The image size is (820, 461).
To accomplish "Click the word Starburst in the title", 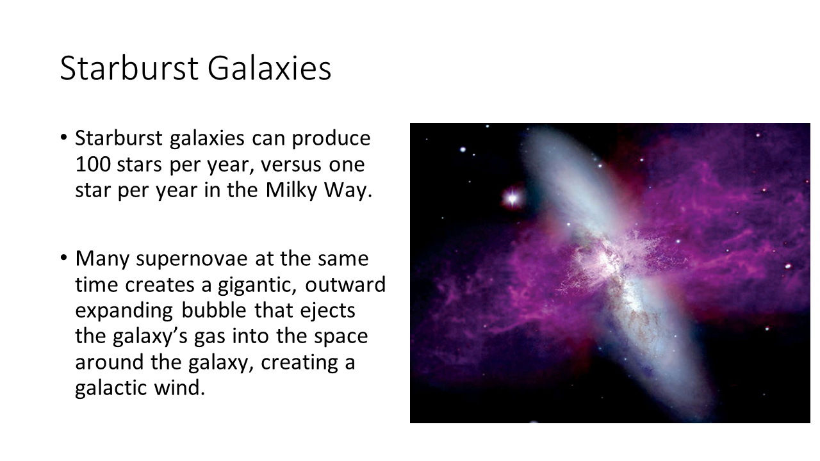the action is [x=129, y=68].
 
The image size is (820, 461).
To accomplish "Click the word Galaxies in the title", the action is [x=270, y=68].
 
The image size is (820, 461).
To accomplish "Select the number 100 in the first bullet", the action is [x=93, y=165].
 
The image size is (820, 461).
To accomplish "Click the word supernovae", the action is [x=192, y=259].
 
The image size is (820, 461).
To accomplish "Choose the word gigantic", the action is [x=257, y=286].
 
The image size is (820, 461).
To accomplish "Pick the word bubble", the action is [x=214, y=311].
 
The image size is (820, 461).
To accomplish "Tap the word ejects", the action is [x=327, y=311].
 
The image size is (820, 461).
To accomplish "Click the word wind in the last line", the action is [x=179, y=388].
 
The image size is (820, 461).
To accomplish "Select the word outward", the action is [x=345, y=285].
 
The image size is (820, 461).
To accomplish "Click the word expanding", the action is [x=124, y=311].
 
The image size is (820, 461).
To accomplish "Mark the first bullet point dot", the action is [x=63, y=138].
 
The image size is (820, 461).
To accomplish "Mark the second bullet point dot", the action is [x=63, y=258].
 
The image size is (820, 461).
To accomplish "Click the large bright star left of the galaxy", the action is [x=512, y=198].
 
